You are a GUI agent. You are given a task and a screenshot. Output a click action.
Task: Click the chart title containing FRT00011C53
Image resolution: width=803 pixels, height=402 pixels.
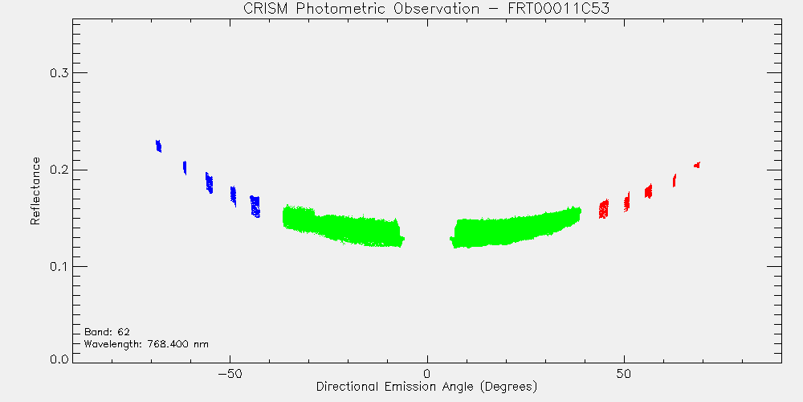coord(426,9)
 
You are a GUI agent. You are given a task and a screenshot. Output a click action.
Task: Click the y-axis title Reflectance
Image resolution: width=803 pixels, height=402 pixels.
coord(35,191)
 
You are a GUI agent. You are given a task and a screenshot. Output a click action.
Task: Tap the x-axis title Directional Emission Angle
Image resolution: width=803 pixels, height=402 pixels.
coord(427,386)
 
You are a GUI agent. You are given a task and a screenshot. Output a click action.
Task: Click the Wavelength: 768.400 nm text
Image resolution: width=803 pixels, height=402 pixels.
coord(146,343)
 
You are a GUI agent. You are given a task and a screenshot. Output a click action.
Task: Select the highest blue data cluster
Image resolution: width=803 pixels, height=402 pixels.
coord(159,146)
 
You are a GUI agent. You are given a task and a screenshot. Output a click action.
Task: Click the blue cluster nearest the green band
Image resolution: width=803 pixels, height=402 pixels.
coord(255,206)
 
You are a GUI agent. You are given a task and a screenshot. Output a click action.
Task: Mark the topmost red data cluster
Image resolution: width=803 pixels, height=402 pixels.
coord(697,165)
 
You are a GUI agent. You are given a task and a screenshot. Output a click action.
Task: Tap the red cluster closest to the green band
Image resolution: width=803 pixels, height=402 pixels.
coord(604,209)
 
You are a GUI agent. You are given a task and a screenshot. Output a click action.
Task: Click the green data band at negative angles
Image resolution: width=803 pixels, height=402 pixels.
coord(343,226)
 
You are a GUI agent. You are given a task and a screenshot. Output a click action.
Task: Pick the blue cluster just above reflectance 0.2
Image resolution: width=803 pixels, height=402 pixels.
coord(185,168)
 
